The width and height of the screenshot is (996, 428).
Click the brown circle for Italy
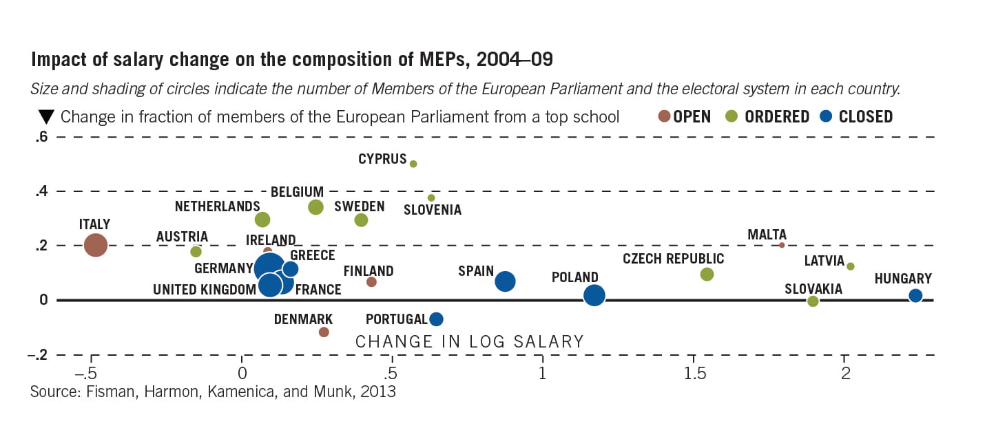(96, 245)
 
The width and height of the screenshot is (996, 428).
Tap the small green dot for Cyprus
(413, 164)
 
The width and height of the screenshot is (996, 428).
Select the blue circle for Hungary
(915, 296)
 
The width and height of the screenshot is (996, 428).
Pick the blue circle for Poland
(594, 295)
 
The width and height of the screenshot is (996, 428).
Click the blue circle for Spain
(506, 281)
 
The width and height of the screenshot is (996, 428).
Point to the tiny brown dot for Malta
(782, 245)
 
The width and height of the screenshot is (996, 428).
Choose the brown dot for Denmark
(324, 332)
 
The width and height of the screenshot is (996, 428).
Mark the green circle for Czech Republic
(707, 274)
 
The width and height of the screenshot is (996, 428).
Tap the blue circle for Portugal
(436, 319)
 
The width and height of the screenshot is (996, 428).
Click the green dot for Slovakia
(813, 301)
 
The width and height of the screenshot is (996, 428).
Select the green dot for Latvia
(851, 266)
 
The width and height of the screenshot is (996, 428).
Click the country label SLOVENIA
(433, 210)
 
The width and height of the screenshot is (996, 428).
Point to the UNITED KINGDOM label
(205, 290)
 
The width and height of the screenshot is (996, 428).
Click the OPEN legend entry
(684, 117)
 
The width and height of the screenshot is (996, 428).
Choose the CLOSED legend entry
(857, 117)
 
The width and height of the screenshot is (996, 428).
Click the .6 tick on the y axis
(41, 136)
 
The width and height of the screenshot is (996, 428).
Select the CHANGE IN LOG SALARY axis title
(469, 341)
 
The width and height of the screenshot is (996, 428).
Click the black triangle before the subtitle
(46, 117)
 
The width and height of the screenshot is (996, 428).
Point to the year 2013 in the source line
(381, 393)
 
